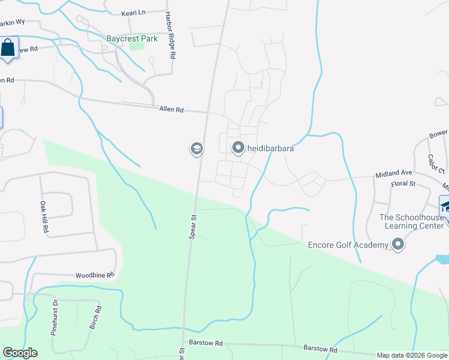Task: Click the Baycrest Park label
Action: [131, 38]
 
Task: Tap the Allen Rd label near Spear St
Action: [171, 110]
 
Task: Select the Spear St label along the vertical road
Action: [193, 227]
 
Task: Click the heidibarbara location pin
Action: [238, 148]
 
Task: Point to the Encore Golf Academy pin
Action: [397, 244]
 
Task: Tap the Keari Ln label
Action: [133, 12]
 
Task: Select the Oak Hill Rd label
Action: [43, 212]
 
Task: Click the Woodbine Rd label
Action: [94, 275]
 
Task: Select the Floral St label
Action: [403, 184]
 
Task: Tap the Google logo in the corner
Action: [20, 353]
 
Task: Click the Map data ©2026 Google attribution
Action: [412, 355]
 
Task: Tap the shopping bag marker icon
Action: [8, 48]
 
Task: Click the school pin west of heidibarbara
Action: [196, 148]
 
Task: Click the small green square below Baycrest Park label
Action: [137, 44]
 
